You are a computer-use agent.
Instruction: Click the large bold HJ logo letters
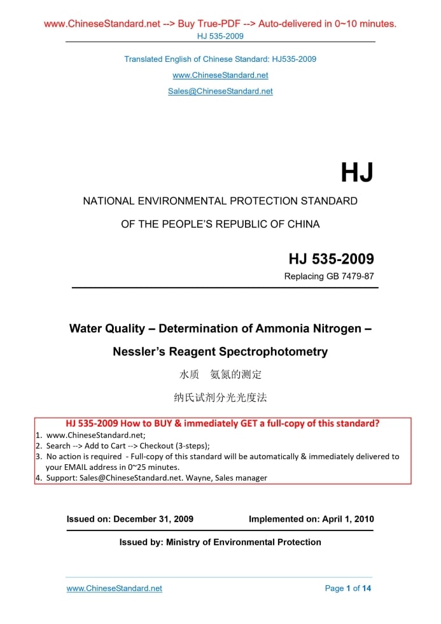coord(356,173)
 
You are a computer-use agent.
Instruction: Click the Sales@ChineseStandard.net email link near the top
coord(220,91)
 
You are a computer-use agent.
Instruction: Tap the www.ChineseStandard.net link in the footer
coord(115,588)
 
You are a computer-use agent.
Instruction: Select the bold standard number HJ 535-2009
coord(331,259)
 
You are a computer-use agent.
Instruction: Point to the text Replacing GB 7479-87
coord(328,276)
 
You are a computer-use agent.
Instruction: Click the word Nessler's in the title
coord(140,351)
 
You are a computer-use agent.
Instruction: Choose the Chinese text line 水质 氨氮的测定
coord(220,374)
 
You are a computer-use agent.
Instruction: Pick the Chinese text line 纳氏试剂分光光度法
coord(220,397)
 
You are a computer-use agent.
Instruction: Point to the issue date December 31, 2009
coord(153,519)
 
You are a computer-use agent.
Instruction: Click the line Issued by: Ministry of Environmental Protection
coord(220,542)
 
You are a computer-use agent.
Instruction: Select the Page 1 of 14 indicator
coord(347,588)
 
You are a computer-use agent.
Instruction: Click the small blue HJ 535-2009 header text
coord(220,36)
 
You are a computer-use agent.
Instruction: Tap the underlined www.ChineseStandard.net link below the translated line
coord(220,75)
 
